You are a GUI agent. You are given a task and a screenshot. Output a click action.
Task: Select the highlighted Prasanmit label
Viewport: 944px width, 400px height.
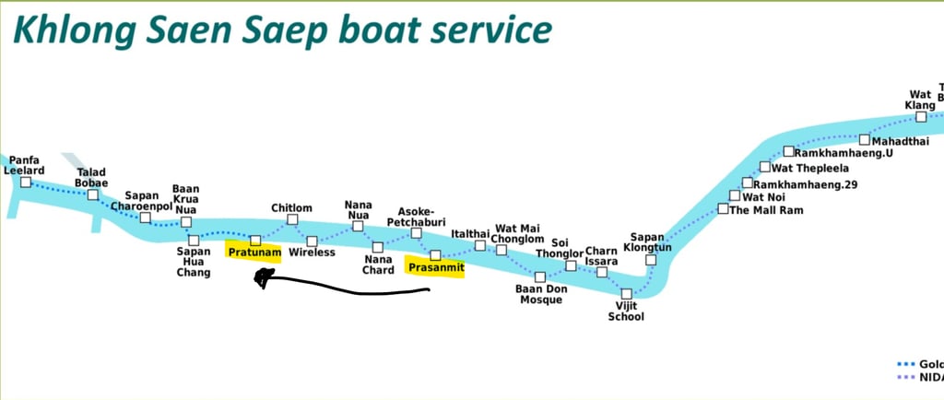pos(434,267)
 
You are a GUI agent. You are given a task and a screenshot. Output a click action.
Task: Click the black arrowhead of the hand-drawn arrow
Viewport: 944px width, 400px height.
pos(265,277)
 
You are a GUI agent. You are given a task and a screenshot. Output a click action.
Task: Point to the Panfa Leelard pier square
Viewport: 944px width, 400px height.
pos(26,182)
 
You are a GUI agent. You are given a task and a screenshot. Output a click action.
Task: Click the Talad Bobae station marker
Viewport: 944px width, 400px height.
pos(93,194)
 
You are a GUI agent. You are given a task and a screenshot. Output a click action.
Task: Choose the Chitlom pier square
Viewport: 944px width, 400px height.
pos(293,219)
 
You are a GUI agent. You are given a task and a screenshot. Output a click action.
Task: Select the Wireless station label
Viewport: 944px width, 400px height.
pos(312,253)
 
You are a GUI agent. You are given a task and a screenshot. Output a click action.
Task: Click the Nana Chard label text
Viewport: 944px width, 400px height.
pos(377,265)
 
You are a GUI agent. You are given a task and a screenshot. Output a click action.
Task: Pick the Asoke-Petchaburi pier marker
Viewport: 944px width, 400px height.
pos(416,233)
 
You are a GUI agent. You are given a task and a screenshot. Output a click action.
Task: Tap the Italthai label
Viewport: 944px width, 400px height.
pos(469,234)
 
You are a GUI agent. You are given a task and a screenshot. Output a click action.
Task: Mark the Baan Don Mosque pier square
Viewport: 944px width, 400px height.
pos(540,276)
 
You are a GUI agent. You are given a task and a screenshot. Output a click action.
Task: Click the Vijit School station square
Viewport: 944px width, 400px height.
pos(626,294)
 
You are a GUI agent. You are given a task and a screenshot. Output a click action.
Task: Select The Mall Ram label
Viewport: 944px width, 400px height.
pos(766,210)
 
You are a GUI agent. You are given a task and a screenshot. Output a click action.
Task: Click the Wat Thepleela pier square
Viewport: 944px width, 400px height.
pos(764,167)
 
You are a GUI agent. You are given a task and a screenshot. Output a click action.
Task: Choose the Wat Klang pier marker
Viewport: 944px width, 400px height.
pos(920,117)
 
